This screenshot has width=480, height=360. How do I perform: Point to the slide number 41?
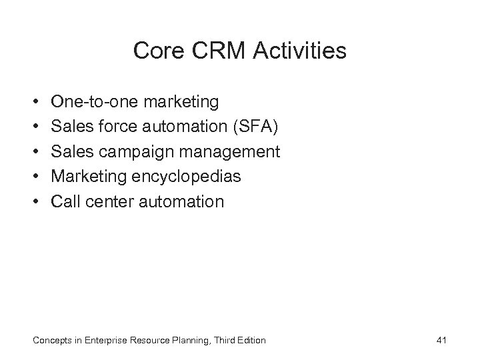tap(441, 341)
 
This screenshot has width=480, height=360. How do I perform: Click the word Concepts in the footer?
tap(52, 341)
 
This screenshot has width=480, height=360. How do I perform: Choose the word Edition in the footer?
tap(250, 341)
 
